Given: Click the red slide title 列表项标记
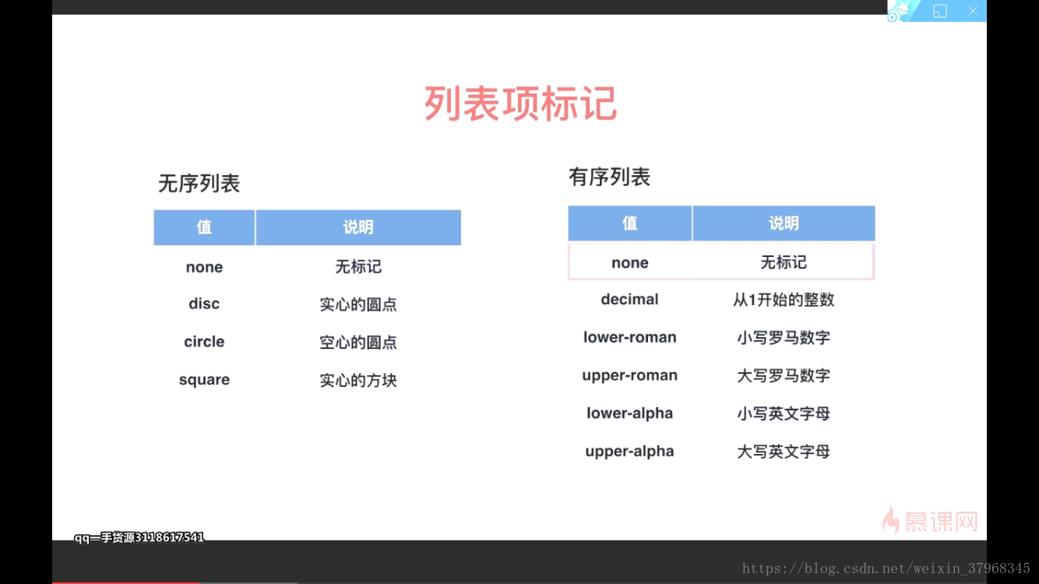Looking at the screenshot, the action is click(x=520, y=104).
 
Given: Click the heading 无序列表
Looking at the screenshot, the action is click(x=199, y=184).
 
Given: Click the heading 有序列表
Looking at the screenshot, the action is click(x=610, y=178).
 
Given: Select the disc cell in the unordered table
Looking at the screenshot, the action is click(x=204, y=304).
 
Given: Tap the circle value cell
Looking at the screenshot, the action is click(x=204, y=342).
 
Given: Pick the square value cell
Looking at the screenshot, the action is click(x=204, y=380).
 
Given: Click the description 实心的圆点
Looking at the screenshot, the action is click(x=358, y=304).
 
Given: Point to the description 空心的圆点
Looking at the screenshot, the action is click(x=358, y=343).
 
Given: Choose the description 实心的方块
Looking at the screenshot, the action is click(x=358, y=380).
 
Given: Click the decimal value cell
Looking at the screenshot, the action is click(x=629, y=300).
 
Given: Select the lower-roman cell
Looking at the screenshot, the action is click(x=629, y=337).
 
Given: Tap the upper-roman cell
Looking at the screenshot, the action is click(x=629, y=375).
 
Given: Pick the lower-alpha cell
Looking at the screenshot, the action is click(x=629, y=413).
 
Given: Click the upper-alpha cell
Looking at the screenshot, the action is click(x=629, y=452).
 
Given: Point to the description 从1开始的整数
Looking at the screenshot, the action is click(x=784, y=300).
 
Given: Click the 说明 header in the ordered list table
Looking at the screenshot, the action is click(x=784, y=223).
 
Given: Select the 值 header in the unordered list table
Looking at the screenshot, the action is click(x=204, y=227).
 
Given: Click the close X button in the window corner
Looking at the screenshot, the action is click(x=973, y=11).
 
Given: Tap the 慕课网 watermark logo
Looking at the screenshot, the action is click(x=930, y=520).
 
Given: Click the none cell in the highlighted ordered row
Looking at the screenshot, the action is click(x=629, y=263).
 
